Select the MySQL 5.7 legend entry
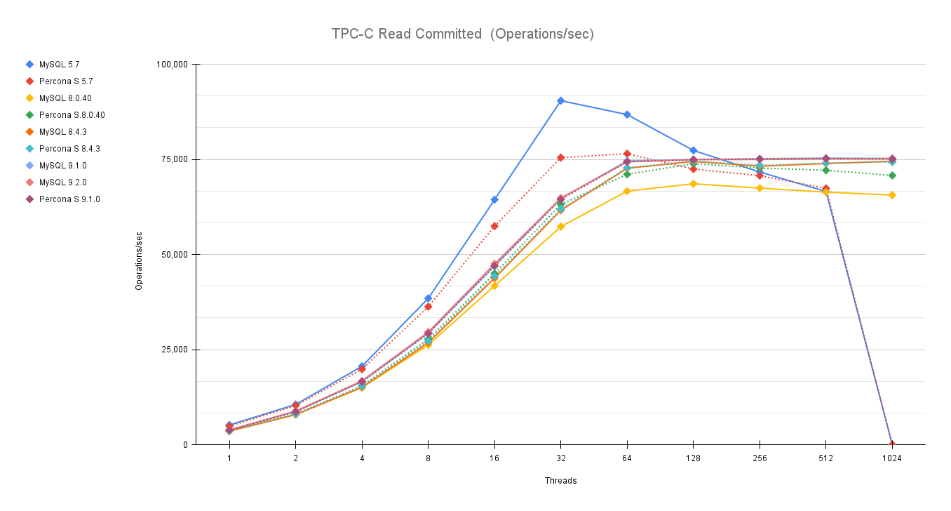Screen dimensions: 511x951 (x=59, y=65)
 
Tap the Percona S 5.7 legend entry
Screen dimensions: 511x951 (x=66, y=81)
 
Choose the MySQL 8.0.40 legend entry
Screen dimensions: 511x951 (x=65, y=98)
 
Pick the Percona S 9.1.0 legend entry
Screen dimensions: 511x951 (x=69, y=199)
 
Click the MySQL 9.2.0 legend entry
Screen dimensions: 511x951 (x=63, y=182)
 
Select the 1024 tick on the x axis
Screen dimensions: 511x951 (x=892, y=459)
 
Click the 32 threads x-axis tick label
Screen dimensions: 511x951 (x=560, y=459)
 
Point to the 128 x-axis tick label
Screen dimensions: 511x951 (x=693, y=459)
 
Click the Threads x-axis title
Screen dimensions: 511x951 (x=560, y=481)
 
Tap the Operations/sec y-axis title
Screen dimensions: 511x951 (x=139, y=255)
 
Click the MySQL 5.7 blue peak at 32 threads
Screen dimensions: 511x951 (x=561, y=100)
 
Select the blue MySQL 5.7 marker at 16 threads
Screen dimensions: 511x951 (x=494, y=200)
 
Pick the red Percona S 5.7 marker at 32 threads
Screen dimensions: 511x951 (x=561, y=157)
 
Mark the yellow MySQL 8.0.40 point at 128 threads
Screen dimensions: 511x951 (x=694, y=184)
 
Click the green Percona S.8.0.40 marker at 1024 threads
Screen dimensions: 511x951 (x=892, y=175)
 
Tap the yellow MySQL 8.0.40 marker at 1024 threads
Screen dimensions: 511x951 (x=892, y=195)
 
